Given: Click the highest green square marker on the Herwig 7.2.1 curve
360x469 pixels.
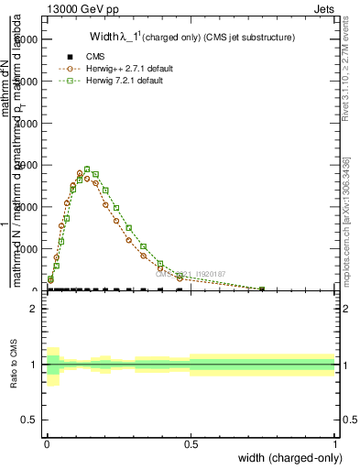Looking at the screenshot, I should pyautogui.click(x=113, y=169).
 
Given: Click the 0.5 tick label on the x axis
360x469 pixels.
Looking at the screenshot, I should pyautogui.click(x=191, y=443).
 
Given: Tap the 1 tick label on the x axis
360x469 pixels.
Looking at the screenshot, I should pyautogui.click(x=335, y=443).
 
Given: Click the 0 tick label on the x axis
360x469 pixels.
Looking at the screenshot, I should pyautogui.click(x=46, y=443).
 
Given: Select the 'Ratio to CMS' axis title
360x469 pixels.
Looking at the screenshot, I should pyautogui.click(x=14, y=365).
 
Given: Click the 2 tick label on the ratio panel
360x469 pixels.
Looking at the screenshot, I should pyautogui.click(x=32, y=309).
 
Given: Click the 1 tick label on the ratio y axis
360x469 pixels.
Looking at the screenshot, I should pyautogui.click(x=32, y=365).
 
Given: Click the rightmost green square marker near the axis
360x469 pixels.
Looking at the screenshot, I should pyautogui.click(x=262, y=289).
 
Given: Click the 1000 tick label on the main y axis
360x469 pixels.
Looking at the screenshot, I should pyautogui.click(x=25, y=248).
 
